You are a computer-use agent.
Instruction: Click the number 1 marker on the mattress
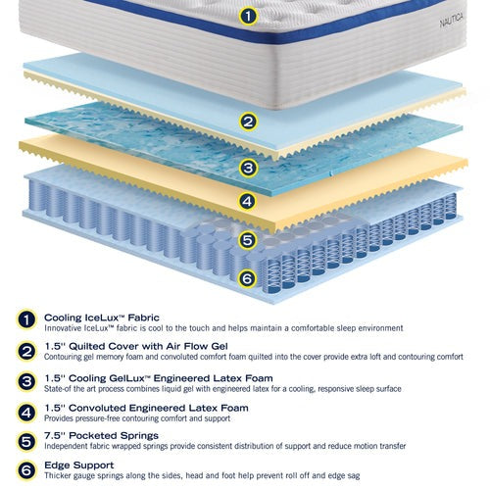pyautogui.click(x=248, y=16)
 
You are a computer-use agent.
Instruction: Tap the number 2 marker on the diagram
pyautogui.click(x=248, y=122)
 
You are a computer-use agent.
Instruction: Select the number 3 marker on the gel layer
pyautogui.click(x=248, y=168)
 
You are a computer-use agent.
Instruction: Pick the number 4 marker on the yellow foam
pyautogui.click(x=247, y=201)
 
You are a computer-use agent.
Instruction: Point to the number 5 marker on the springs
pyautogui.click(x=247, y=240)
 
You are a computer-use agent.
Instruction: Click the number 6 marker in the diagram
pyautogui.click(x=247, y=278)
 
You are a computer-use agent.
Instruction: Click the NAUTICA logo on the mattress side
pyautogui.click(x=451, y=21)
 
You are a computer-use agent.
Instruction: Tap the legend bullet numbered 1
pyautogui.click(x=26, y=319)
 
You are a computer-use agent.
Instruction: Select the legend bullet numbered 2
pyautogui.click(x=26, y=352)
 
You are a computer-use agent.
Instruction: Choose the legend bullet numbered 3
pyautogui.click(x=26, y=381)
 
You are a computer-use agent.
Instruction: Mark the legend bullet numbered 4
pyautogui.click(x=26, y=413)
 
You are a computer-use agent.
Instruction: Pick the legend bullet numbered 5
pyautogui.click(x=26, y=442)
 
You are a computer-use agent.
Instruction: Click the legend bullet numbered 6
pyautogui.click(x=26, y=470)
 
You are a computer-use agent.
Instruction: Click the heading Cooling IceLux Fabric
pyautogui.click(x=102, y=318)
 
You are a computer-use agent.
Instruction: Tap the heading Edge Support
pyautogui.click(x=79, y=465)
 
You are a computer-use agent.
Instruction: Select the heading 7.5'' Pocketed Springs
pyautogui.click(x=101, y=435)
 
